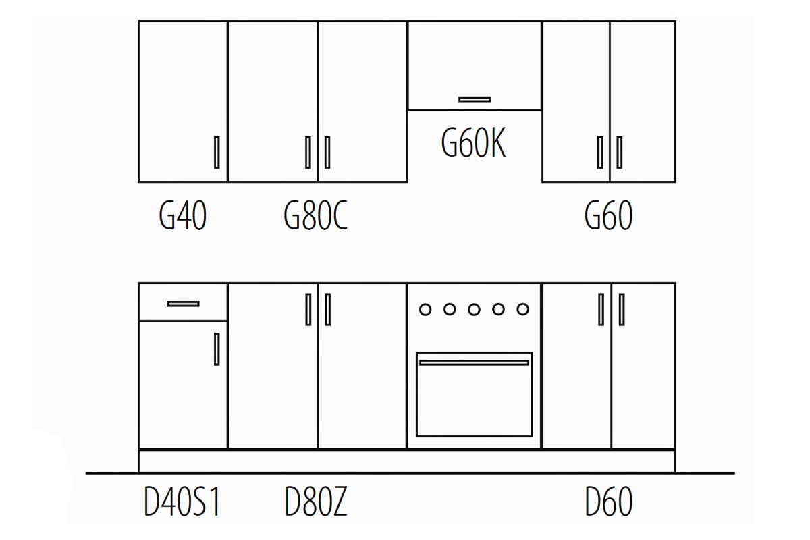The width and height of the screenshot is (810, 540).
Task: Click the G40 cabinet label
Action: point(182,217)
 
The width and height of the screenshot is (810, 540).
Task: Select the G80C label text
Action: point(315,217)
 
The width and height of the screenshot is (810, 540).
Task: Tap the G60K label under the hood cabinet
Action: point(473,144)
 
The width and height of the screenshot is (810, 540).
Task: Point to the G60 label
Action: point(608,217)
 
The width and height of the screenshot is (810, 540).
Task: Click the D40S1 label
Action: point(182,503)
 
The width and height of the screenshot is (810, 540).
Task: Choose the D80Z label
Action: point(316,503)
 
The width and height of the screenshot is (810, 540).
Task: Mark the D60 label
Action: point(608,503)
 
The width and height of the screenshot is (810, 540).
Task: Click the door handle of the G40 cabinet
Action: point(217,152)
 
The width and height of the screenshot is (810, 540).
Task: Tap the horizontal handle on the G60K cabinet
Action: point(475,99)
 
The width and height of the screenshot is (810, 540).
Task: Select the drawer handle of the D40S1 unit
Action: point(183,304)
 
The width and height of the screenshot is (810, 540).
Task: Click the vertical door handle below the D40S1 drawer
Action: point(217,349)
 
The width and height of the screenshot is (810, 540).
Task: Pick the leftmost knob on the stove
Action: point(425,309)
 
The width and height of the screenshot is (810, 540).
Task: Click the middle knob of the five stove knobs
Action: point(474,309)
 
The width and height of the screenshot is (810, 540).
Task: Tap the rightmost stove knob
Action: point(522,309)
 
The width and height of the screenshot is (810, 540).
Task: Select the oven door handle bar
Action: point(474,362)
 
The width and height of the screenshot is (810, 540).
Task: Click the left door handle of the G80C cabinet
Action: point(308,152)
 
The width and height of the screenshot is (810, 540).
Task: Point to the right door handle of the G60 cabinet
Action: point(620,152)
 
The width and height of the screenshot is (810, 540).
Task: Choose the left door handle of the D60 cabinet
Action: point(601,309)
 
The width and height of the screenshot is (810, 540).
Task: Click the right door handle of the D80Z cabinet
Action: point(328,309)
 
